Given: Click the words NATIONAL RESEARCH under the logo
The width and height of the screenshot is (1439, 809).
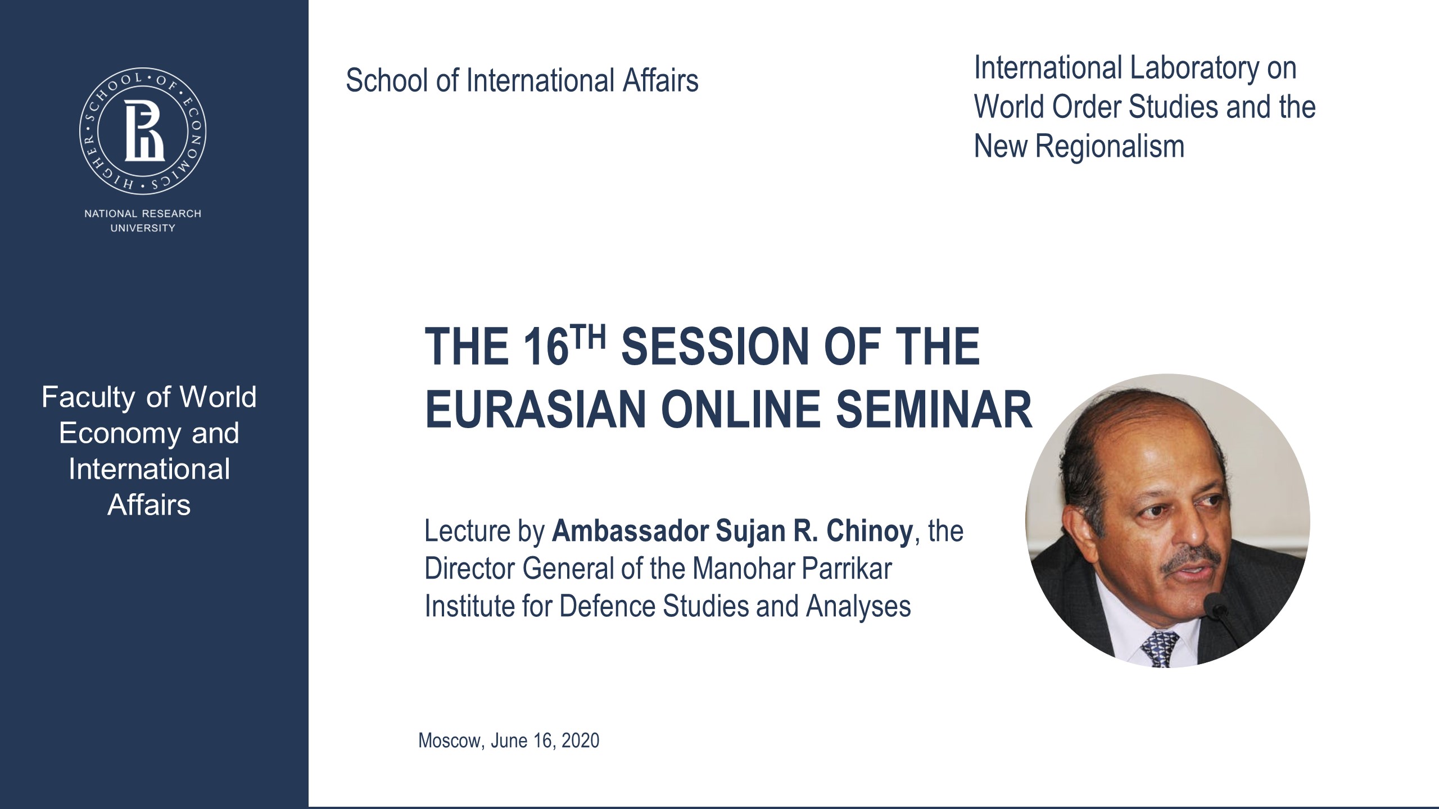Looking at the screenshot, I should (x=143, y=213).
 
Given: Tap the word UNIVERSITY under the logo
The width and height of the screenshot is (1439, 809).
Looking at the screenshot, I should (x=143, y=228).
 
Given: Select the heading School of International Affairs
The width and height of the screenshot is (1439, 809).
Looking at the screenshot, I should (x=522, y=80).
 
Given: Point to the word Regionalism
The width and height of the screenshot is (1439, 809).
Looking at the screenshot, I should (x=1110, y=146).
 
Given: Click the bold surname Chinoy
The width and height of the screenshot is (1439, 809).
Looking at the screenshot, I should (x=870, y=531).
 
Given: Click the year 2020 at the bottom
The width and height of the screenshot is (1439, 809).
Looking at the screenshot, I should (x=580, y=740).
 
